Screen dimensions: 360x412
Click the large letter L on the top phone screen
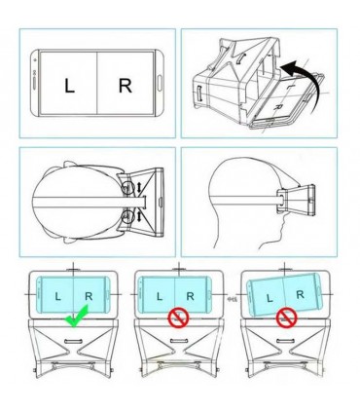(69, 87)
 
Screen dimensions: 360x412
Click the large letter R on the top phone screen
(126, 86)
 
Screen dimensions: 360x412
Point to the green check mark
(77, 317)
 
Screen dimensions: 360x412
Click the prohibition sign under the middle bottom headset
(178, 318)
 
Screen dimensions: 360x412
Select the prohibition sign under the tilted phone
(287, 318)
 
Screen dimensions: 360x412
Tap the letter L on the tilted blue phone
(270, 298)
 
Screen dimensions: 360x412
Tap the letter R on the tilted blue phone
(300, 294)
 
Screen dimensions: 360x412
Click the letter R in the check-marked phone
(89, 296)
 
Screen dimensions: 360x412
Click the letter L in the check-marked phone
(57, 296)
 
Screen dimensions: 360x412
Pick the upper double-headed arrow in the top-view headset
(139, 187)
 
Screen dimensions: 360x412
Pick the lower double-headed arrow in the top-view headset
(139, 216)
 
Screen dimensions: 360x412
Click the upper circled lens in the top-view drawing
(128, 188)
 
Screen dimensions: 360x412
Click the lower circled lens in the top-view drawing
(128, 216)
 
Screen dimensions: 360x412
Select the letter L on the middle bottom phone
(159, 296)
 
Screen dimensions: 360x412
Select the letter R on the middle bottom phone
(190, 296)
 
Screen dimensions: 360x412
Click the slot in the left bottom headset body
(74, 341)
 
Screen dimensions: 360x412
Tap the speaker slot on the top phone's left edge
(35, 83)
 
